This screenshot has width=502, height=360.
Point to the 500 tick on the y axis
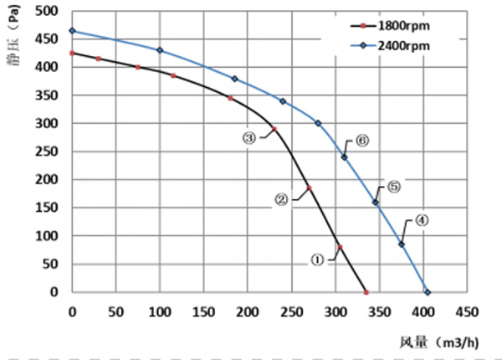point(53,12)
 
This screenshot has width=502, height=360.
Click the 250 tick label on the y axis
point(53,152)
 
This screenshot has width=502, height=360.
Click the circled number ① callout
point(317,260)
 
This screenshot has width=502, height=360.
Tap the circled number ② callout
point(282,199)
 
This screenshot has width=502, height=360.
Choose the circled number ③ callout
point(249,138)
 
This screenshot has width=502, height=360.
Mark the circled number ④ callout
point(422,221)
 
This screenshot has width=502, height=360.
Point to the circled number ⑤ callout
point(394,187)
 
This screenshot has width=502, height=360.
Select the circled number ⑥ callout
point(362,141)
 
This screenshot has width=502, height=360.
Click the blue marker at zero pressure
point(427,292)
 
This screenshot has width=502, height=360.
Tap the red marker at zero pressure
point(366,292)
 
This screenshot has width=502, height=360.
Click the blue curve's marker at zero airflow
point(72,31)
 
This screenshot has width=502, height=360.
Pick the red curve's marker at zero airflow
point(72,53)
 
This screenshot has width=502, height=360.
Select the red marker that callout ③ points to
point(274,129)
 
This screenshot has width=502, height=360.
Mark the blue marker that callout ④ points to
point(401,244)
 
